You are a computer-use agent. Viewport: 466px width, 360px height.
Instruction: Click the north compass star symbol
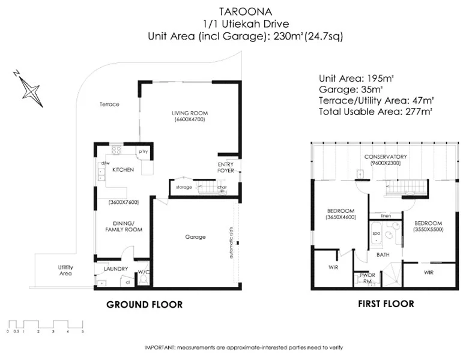click(29, 89)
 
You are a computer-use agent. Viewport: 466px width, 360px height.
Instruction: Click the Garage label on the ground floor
click(196, 237)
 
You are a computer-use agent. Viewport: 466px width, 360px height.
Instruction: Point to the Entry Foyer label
click(226, 167)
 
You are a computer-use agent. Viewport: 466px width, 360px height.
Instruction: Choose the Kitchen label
click(123, 170)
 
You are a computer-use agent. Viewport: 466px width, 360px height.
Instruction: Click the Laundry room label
click(116, 269)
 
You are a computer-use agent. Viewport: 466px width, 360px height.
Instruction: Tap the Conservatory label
click(386, 157)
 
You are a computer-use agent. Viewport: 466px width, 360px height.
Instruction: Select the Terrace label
click(109, 104)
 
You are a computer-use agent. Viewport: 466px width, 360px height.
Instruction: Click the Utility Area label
click(65, 270)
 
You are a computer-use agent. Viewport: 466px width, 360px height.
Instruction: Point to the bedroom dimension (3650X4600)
click(340, 218)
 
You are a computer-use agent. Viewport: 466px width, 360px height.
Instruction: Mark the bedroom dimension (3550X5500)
click(428, 229)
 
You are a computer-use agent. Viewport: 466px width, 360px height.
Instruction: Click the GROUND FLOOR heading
click(144, 305)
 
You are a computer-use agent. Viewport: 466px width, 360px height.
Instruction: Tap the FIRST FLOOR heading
click(386, 304)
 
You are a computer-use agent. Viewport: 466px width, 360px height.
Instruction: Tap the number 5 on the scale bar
click(82, 331)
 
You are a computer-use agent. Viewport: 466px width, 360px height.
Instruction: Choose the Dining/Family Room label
click(123, 226)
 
